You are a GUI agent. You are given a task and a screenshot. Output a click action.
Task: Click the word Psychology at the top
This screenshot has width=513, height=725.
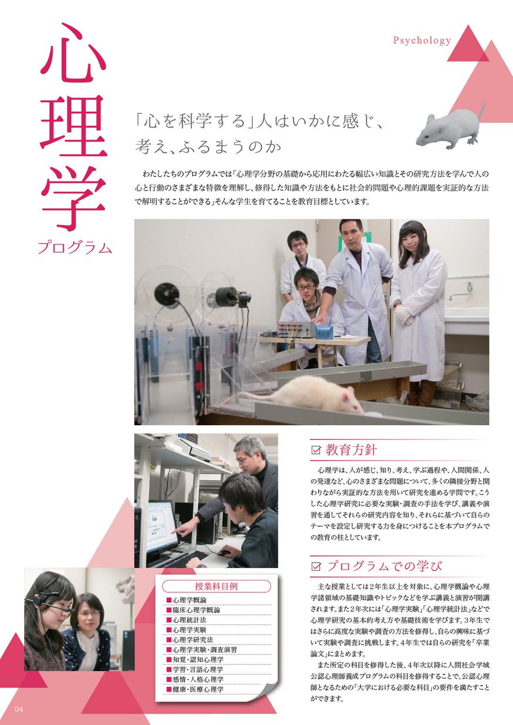pyautogui.click(x=422, y=40)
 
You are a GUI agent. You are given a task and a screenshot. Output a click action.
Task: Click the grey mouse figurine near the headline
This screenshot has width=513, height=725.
pyautogui.click(x=451, y=127)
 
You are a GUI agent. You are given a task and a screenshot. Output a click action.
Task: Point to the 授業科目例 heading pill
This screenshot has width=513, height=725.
pyautogui.click(x=217, y=587)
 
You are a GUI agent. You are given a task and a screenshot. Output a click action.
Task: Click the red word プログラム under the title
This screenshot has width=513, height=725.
pyautogui.click(x=75, y=248)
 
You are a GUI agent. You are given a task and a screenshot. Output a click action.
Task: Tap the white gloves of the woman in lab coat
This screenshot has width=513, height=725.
pyautogui.click(x=404, y=314)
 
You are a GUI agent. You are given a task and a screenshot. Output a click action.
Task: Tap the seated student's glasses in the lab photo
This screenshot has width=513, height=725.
pyautogui.click(x=306, y=287)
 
